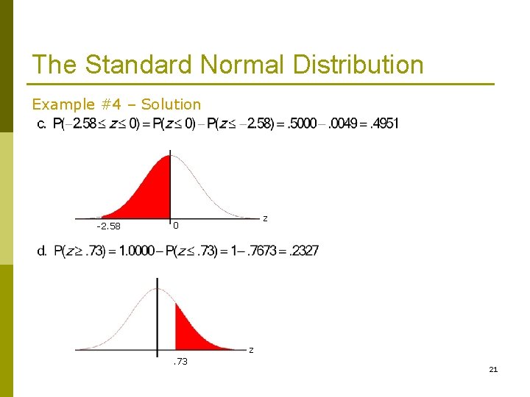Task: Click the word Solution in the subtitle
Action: [x=171, y=104]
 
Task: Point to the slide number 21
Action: [x=493, y=369]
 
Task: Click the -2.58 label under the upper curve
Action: [x=109, y=226]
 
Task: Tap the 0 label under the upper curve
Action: [x=175, y=226]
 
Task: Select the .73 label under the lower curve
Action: [x=180, y=361]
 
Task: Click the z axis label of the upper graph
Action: [x=265, y=218]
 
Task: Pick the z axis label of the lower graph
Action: [x=250, y=350]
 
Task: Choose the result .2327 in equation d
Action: [x=303, y=251]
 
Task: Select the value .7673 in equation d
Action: [x=261, y=251]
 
